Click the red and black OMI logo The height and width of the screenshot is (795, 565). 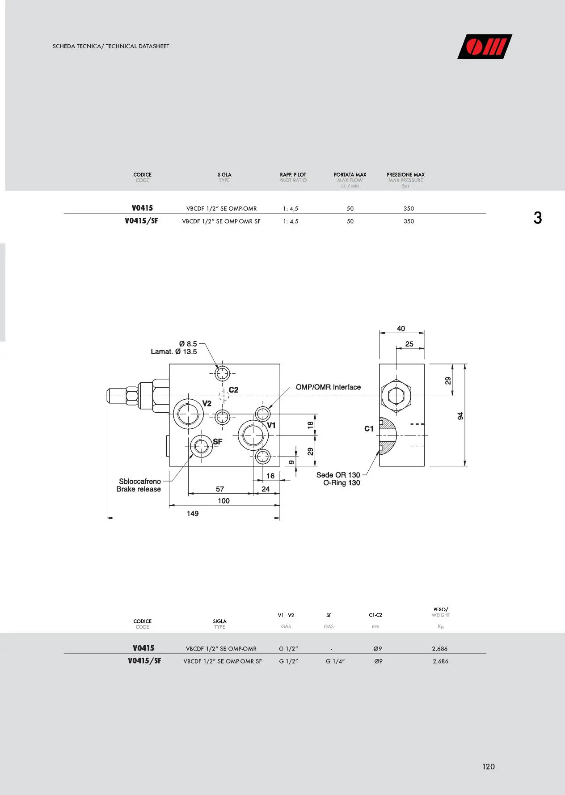coord(485,47)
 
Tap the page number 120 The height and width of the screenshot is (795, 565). coord(489,766)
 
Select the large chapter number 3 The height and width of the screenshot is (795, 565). coord(538,218)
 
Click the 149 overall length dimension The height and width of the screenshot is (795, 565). coord(193,513)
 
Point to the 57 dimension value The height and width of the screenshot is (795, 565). coord(220,489)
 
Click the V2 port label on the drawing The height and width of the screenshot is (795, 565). coord(207,403)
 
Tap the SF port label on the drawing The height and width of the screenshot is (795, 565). coord(218,441)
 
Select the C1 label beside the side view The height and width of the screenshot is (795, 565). coord(369,428)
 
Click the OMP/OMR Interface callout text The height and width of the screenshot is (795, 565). coord(328,387)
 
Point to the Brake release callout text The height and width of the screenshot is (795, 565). coord(139,489)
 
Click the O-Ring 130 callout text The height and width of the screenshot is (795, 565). coord(342,483)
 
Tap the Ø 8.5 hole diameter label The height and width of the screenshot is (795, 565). coord(188,343)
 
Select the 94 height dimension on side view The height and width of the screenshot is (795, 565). coord(460,416)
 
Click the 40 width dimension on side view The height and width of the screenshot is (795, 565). coord(401,329)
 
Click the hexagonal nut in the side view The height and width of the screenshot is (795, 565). coord(396,396)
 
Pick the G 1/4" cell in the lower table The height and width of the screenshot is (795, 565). coord(335,661)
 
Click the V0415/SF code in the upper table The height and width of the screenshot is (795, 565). coord(141,221)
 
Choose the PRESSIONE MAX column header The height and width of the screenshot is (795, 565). coord(406,174)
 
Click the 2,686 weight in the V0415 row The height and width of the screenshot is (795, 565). coord(440,649)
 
